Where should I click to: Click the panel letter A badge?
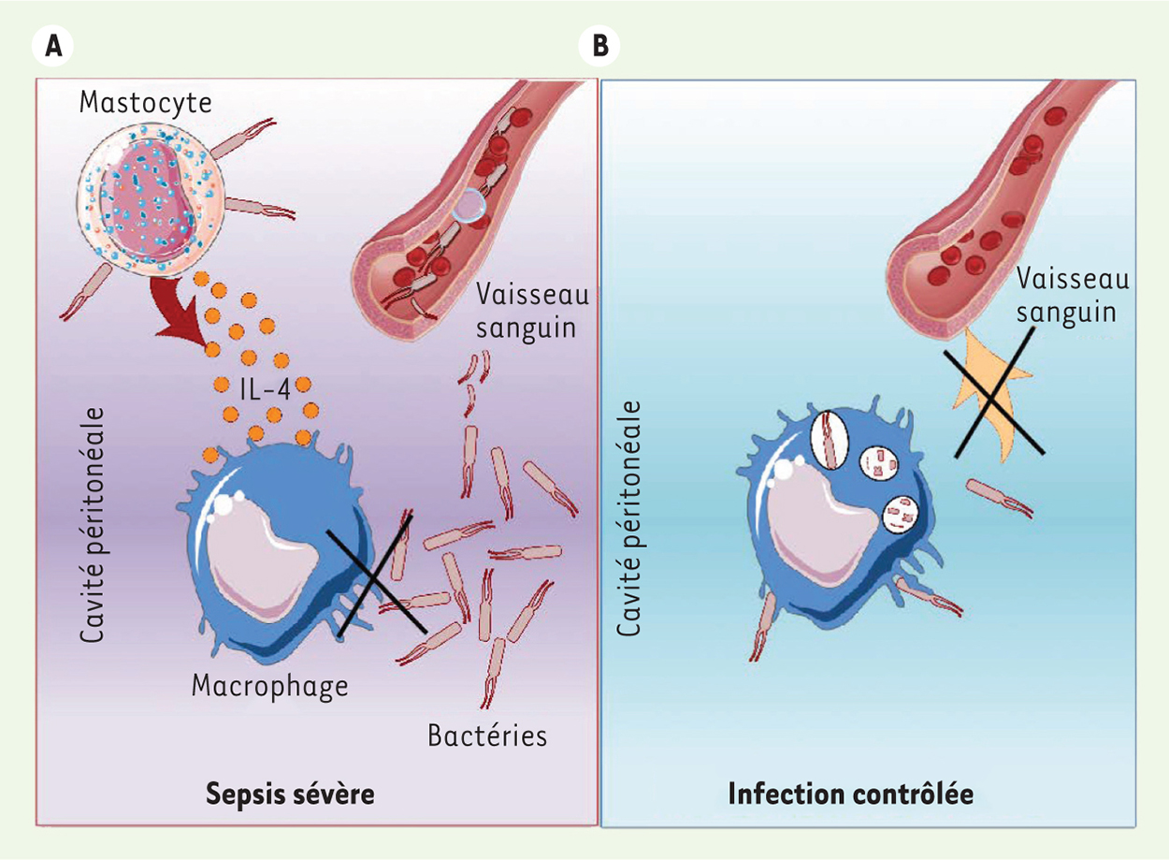[x=52, y=46]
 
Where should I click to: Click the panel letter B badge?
[x=599, y=46]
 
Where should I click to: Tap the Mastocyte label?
[x=146, y=103]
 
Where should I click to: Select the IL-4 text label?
[x=265, y=388]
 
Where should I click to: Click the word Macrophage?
[x=270, y=687]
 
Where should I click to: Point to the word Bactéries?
[x=487, y=736]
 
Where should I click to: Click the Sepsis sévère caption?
[x=290, y=794]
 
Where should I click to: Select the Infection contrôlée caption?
[x=851, y=794]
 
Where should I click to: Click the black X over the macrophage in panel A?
[x=376, y=576]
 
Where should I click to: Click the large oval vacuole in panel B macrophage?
[x=830, y=439]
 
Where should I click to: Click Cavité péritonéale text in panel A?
[x=93, y=524]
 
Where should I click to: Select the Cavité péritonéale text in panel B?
[x=628, y=518]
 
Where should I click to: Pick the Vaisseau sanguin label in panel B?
[x=1072, y=296]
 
